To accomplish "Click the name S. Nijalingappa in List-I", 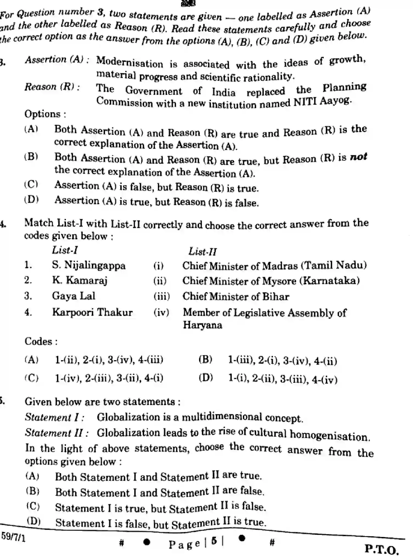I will click(x=89, y=266).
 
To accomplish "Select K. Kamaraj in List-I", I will click(x=80, y=280).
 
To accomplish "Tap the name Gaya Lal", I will click(x=74, y=296).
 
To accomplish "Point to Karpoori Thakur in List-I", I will click(x=92, y=312).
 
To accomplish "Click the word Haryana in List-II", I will click(x=202, y=325).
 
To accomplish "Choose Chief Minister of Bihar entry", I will click(x=235, y=297).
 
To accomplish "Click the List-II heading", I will click(x=202, y=252).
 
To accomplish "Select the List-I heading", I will click(x=65, y=250).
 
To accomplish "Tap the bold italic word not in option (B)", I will click(x=358, y=157).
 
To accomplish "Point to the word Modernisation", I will click(x=130, y=62).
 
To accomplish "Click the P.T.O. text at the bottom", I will click(x=381, y=549).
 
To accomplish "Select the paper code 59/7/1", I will click(x=13, y=537).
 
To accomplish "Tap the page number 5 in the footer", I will click(x=214, y=541).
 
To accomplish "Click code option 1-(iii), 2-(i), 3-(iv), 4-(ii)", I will click(x=282, y=361).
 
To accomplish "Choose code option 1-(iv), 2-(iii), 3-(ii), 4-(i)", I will click(x=109, y=378).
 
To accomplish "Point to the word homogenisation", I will click(x=330, y=435).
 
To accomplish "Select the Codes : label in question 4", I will click(x=41, y=342).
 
